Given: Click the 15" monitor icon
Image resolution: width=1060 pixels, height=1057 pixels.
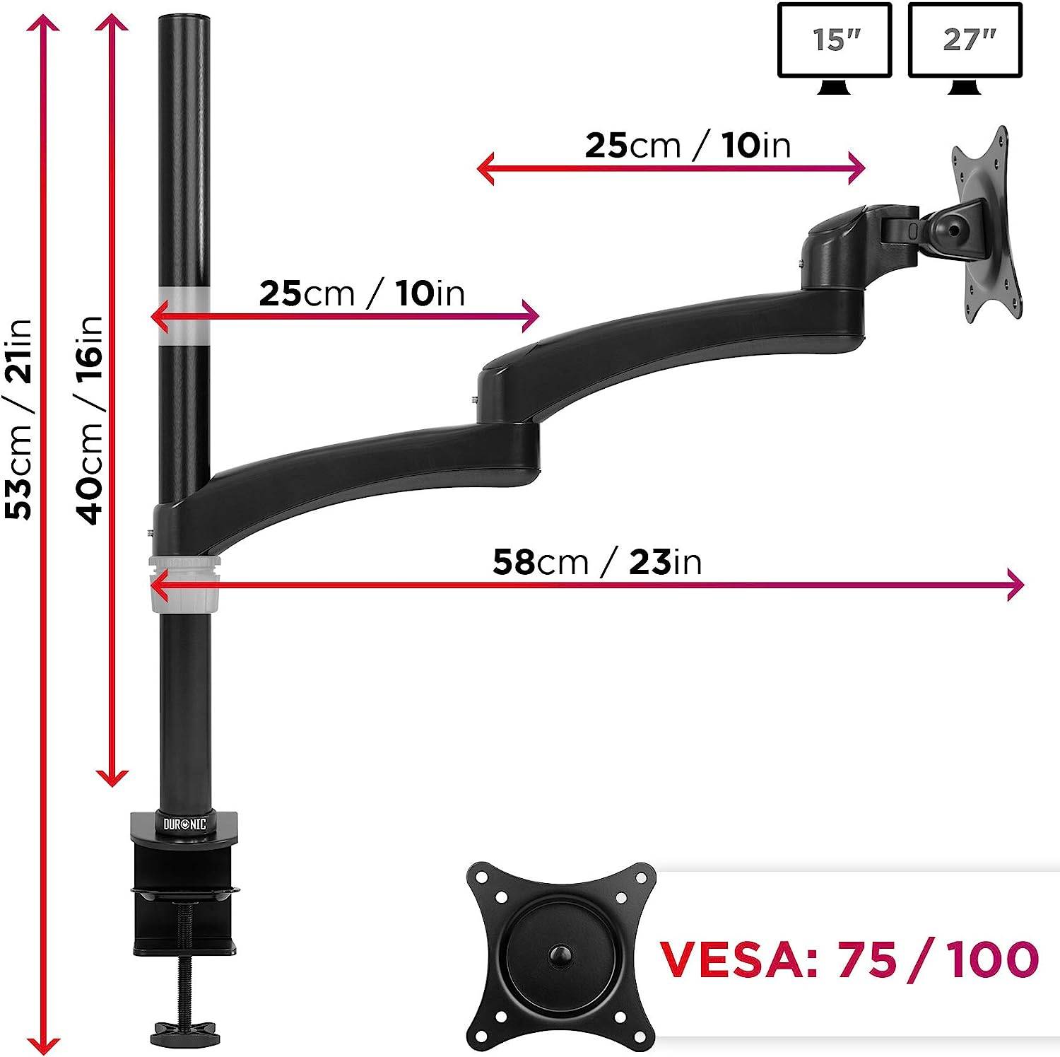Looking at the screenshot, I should click(835, 47).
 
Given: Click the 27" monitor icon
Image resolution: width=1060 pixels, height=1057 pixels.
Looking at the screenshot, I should click(965, 47).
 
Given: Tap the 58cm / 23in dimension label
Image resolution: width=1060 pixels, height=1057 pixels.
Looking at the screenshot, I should click(597, 562).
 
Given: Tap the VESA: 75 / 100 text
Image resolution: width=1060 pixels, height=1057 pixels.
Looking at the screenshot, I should click(848, 959).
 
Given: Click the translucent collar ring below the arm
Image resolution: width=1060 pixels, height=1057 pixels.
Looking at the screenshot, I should click(184, 583).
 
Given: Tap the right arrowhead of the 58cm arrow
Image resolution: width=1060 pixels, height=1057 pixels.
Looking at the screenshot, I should click(1015, 585).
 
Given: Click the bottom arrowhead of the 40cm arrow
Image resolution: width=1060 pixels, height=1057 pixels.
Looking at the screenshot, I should click(112, 778).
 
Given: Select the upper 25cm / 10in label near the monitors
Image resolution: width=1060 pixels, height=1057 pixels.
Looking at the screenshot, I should click(687, 146).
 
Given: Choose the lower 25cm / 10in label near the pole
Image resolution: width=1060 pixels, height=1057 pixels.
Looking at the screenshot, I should click(362, 293).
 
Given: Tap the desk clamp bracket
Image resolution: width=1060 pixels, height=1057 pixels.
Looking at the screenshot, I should click(184, 884).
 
